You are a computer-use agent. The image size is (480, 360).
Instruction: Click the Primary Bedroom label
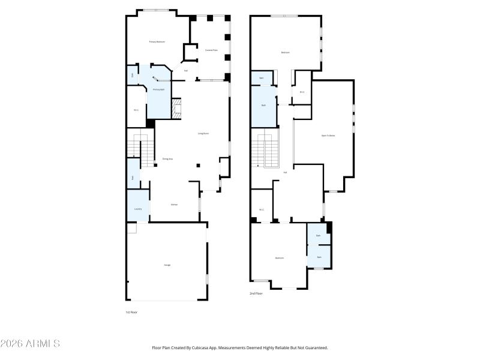click(157, 41)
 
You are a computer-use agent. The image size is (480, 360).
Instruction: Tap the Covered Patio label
click(211, 50)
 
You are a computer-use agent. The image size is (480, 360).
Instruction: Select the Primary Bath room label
click(158, 89)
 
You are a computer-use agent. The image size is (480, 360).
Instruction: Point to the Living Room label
click(203, 133)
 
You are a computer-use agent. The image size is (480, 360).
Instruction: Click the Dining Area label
click(167, 158)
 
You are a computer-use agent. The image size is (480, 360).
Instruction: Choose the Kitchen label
click(174, 205)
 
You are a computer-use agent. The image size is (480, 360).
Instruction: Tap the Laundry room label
click(138, 209)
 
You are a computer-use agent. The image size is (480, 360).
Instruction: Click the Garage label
click(167, 265)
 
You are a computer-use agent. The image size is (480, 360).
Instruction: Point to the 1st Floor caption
click(131, 312)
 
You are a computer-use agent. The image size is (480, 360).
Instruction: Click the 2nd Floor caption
click(256, 293)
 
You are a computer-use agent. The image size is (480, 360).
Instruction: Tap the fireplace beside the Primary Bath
click(176, 109)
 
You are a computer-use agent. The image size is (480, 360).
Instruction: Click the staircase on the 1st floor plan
click(141, 151)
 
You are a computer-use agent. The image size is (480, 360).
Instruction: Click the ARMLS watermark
click(30, 344)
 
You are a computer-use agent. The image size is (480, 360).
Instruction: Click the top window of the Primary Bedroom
click(155, 9)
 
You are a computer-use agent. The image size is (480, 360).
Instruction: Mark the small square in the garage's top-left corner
click(131, 228)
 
